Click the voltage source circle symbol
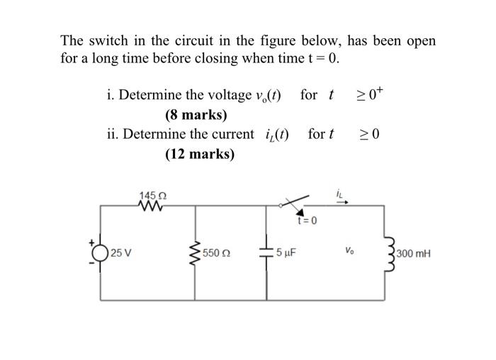pos(101,252)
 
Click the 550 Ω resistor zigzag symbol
pos(196,252)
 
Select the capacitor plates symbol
pos(268,253)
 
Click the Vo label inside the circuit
pos(349,250)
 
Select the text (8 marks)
pos(196,115)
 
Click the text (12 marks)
pos(199,153)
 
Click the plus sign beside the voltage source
pos(91,242)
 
